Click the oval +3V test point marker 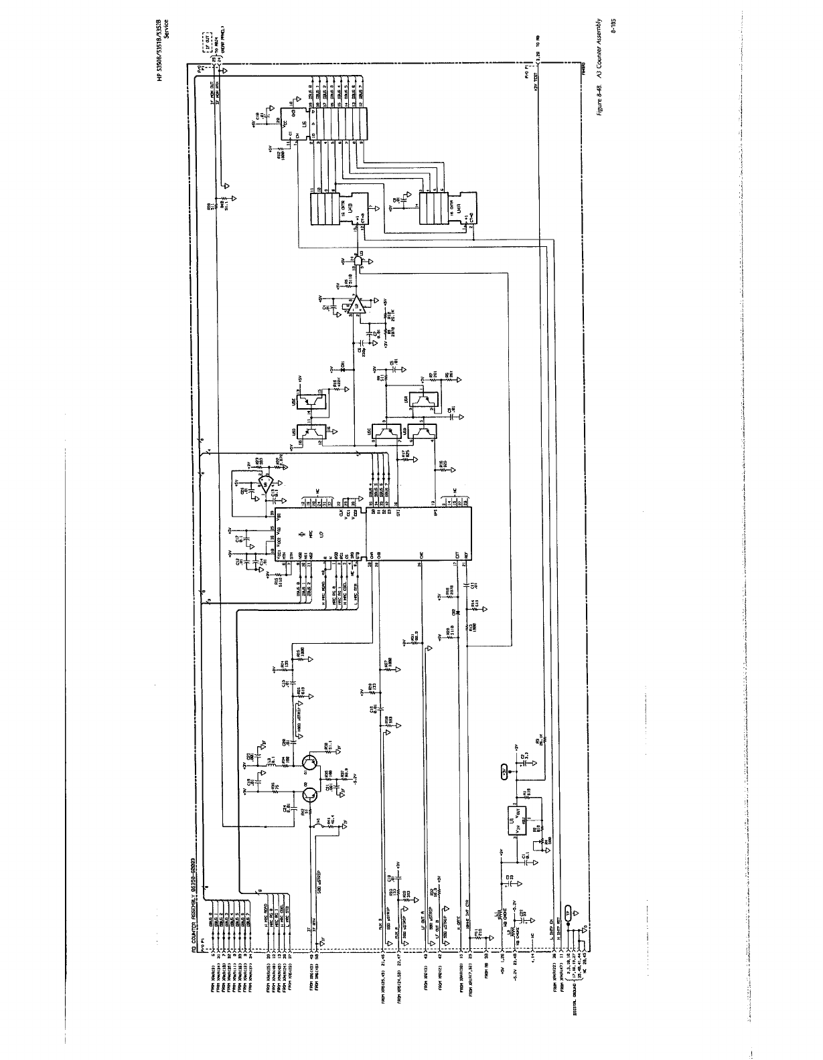(x=504, y=772)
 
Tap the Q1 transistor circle (x=310, y=762)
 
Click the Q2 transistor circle (x=310, y=795)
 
